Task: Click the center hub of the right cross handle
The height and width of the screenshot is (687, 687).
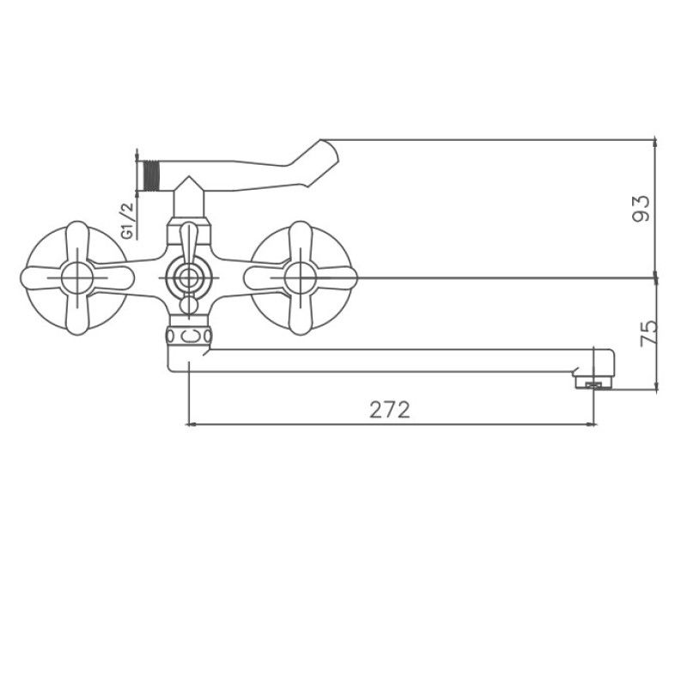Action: coord(300,278)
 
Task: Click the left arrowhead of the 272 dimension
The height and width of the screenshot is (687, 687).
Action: coord(192,423)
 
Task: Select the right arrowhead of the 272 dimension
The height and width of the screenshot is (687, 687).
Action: coord(591,423)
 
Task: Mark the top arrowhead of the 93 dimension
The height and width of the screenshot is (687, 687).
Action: coord(655,143)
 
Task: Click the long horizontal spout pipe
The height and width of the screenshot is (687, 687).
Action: coord(386,360)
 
